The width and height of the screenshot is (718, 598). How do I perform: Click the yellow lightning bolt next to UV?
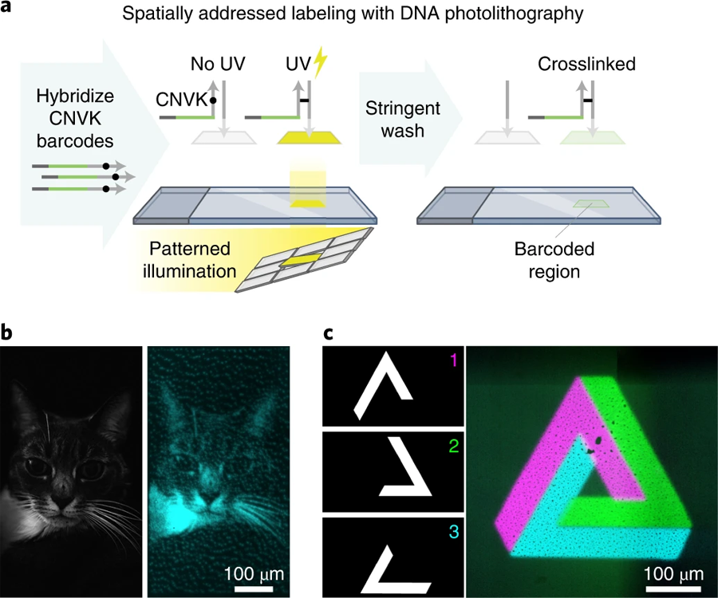pyautogui.click(x=321, y=62)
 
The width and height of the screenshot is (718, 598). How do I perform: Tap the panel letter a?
pyautogui.click(x=6, y=8)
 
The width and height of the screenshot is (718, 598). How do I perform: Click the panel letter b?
pyautogui.click(x=6, y=331)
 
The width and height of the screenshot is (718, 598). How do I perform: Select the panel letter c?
pyautogui.click(x=329, y=333)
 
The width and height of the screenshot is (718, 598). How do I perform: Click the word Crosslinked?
pyautogui.click(x=586, y=64)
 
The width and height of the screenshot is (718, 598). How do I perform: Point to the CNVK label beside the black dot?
pyautogui.click(x=181, y=100)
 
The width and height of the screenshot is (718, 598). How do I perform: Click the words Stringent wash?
pyautogui.click(x=403, y=120)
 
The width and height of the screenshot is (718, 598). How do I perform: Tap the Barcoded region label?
pyautogui.click(x=554, y=260)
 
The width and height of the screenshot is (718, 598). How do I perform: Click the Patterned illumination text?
pyautogui.click(x=190, y=260)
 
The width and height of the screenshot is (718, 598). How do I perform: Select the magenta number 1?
pyautogui.click(x=453, y=360)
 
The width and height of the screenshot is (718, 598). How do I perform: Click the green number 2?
pyautogui.click(x=453, y=446)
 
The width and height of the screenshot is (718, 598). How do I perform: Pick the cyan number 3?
pyautogui.click(x=453, y=532)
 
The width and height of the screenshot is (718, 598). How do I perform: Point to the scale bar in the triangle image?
pyautogui.click(x=673, y=588)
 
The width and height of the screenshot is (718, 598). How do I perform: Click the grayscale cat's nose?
pyautogui.click(x=63, y=503)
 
